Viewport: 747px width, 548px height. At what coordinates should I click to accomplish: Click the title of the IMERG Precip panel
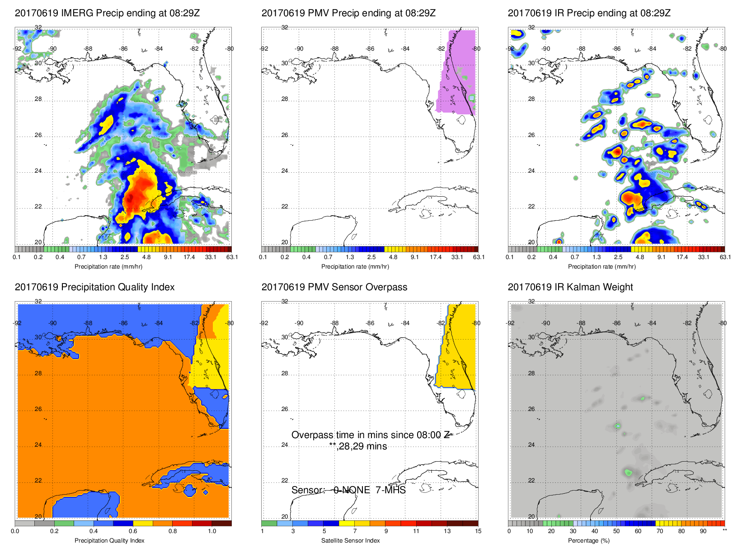click(107, 13)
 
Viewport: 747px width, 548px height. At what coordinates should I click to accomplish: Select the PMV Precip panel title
click(348, 13)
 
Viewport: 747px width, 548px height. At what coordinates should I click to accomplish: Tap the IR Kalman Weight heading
click(570, 287)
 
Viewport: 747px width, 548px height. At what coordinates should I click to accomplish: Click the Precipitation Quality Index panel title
click(94, 287)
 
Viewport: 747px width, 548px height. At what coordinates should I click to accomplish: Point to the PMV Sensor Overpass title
click(334, 287)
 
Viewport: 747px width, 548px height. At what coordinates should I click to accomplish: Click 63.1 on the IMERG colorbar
click(232, 257)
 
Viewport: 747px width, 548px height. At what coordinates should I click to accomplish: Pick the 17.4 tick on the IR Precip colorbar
click(682, 257)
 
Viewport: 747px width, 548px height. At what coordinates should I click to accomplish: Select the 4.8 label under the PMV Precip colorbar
click(393, 257)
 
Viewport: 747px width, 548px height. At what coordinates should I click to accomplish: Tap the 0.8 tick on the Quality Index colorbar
click(173, 531)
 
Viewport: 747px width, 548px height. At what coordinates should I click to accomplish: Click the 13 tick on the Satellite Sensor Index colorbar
click(447, 531)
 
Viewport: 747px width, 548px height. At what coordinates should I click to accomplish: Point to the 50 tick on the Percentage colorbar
click(616, 531)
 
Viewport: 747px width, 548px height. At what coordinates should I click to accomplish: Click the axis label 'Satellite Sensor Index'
click(350, 541)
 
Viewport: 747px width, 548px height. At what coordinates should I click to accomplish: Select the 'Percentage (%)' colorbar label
click(589, 541)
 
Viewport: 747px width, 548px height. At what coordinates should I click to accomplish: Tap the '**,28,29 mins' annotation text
click(358, 447)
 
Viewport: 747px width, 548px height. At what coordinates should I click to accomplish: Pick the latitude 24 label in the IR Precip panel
click(531, 171)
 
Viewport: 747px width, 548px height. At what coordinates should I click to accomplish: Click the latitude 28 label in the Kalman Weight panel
click(531, 373)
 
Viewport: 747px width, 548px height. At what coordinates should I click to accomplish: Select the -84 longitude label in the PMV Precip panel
click(405, 49)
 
